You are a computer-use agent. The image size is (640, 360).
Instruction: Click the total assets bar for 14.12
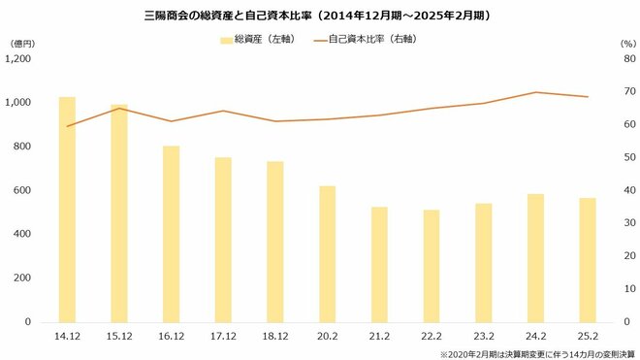[67, 209]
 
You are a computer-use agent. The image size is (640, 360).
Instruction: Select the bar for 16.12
[171, 234]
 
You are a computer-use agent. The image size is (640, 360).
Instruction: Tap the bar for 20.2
[327, 253]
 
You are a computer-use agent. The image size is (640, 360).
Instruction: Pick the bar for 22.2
[431, 265]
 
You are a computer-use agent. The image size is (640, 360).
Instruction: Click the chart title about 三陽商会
[320, 16]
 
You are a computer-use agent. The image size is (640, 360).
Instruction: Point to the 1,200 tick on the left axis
[20, 59]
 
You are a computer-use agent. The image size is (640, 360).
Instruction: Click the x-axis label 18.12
[274, 336]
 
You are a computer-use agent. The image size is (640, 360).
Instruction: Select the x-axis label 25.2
[587, 336]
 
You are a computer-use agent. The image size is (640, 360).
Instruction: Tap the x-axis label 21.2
[379, 336]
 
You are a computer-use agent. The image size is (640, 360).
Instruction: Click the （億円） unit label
[23, 43]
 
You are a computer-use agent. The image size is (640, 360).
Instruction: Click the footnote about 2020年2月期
[535, 353]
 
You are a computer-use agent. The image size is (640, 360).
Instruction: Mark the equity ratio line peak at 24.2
[535, 92]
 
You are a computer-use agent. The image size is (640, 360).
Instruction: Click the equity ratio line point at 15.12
[118, 108]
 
